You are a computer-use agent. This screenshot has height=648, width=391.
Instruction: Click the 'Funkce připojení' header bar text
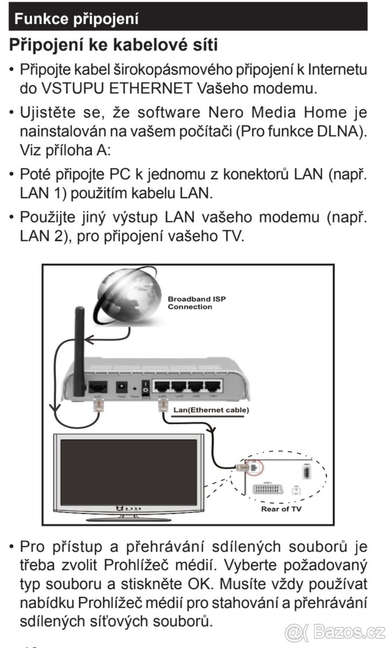click(x=77, y=19)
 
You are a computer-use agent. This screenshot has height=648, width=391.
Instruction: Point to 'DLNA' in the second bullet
click(x=330, y=131)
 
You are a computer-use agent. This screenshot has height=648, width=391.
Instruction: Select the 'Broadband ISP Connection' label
click(x=189, y=303)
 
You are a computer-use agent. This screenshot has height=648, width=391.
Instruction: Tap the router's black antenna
click(x=80, y=346)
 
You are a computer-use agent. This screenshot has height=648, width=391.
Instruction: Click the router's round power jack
click(x=121, y=387)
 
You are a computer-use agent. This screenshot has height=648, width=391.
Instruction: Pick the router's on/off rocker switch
click(x=145, y=387)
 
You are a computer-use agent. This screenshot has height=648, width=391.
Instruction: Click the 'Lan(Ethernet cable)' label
click(x=211, y=410)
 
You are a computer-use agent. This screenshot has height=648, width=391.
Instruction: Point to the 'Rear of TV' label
click(x=282, y=509)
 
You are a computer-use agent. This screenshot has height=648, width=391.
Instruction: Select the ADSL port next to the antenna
click(x=98, y=387)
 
